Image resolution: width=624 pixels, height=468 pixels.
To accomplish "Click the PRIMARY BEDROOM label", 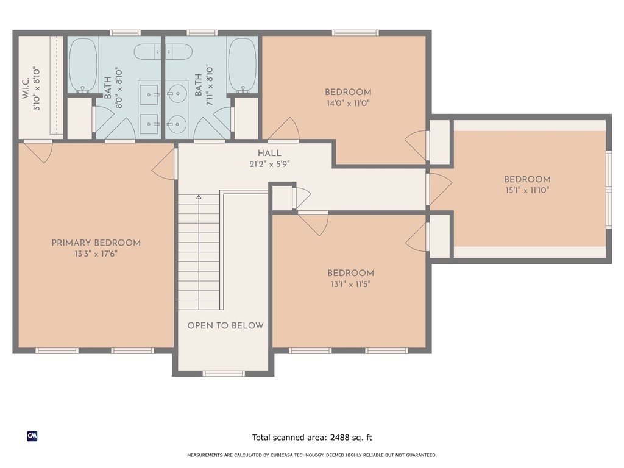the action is [x=96, y=243].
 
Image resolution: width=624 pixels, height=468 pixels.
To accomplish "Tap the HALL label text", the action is [x=269, y=153].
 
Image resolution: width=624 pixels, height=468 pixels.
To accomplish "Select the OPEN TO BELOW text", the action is [x=225, y=325].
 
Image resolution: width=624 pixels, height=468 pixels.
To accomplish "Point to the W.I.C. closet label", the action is [x=26, y=88].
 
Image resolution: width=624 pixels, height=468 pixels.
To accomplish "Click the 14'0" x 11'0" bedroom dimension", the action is [x=348, y=103].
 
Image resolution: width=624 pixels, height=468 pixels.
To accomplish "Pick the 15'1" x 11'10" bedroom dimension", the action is [x=527, y=190].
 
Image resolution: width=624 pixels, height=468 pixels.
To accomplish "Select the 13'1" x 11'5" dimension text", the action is [x=350, y=284].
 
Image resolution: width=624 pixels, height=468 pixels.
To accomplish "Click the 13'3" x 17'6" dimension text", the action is [x=96, y=253].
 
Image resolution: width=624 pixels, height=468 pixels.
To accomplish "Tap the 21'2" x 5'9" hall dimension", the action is [x=269, y=163].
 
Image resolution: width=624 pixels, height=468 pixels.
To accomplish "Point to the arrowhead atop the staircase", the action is [x=199, y=197].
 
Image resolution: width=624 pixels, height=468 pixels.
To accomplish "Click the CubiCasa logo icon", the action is [x=32, y=436].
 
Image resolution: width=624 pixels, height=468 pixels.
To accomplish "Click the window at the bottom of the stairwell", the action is [x=223, y=374].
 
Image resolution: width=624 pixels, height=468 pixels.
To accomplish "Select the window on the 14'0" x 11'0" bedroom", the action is [x=355, y=33].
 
